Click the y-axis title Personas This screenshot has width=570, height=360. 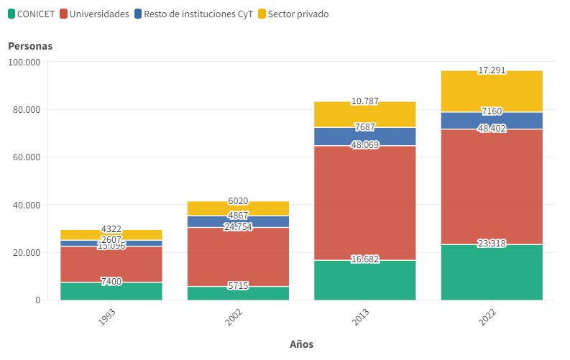tap(30, 46)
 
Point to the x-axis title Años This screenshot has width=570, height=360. tap(301, 344)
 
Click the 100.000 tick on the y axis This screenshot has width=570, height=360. tap(24, 62)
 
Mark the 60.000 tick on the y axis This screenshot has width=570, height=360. tap(27, 157)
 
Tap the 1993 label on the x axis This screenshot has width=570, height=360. tap(107, 319)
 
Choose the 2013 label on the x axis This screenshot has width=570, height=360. tap(361, 319)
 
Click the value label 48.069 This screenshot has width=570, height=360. tap(365, 145)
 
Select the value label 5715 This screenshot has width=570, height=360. tap(238, 286)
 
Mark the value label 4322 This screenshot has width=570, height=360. tap(111, 229)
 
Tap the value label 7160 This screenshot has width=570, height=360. tap(492, 111)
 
